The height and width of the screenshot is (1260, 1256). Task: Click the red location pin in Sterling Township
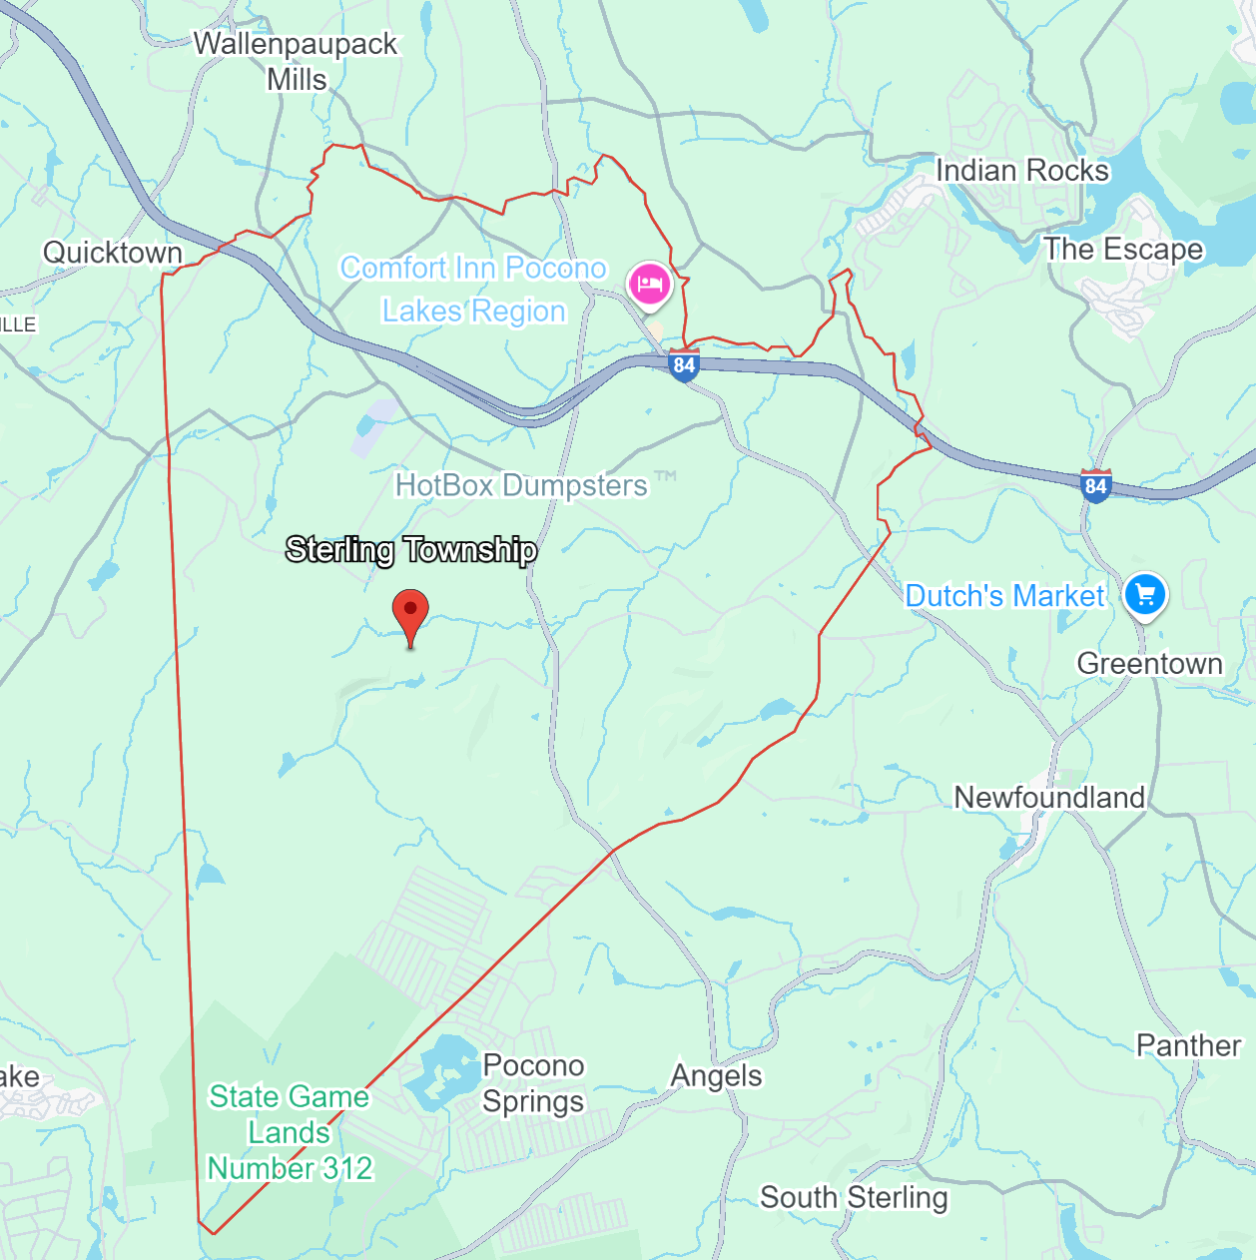(x=410, y=612)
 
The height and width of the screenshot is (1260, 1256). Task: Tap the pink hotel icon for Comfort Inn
(x=650, y=284)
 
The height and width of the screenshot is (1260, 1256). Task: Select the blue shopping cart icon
(x=1145, y=594)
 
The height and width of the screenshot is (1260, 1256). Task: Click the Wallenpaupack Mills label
(x=296, y=61)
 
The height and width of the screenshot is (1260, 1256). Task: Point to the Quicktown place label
(x=113, y=253)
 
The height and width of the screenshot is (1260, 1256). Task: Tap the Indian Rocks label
(x=1021, y=171)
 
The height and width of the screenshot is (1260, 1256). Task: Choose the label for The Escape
(x=1123, y=249)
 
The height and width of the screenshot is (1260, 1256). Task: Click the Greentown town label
(x=1149, y=663)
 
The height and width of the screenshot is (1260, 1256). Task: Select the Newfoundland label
(x=1049, y=797)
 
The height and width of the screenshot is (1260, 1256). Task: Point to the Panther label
(x=1188, y=1045)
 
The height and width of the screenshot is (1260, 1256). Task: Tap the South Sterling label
(x=854, y=1197)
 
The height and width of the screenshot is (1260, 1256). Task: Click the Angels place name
(x=716, y=1075)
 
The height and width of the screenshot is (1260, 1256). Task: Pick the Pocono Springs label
(x=533, y=1083)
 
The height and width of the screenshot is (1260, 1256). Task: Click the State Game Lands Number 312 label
(x=290, y=1132)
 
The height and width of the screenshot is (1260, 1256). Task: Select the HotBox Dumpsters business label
(x=521, y=485)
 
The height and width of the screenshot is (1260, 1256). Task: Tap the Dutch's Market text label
(x=1004, y=596)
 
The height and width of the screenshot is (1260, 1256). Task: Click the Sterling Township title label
(x=411, y=549)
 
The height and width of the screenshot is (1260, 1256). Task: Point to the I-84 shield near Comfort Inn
(x=684, y=365)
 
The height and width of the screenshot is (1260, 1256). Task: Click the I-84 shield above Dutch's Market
(x=1095, y=486)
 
